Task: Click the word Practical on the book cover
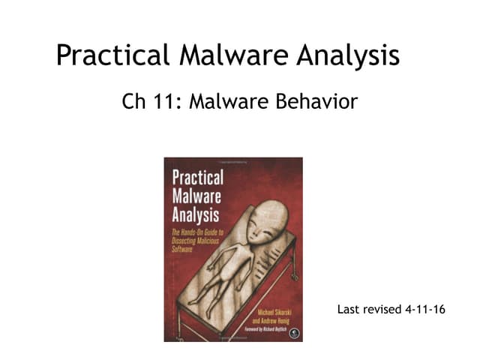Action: click(198, 178)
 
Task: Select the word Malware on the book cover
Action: click(196, 196)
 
